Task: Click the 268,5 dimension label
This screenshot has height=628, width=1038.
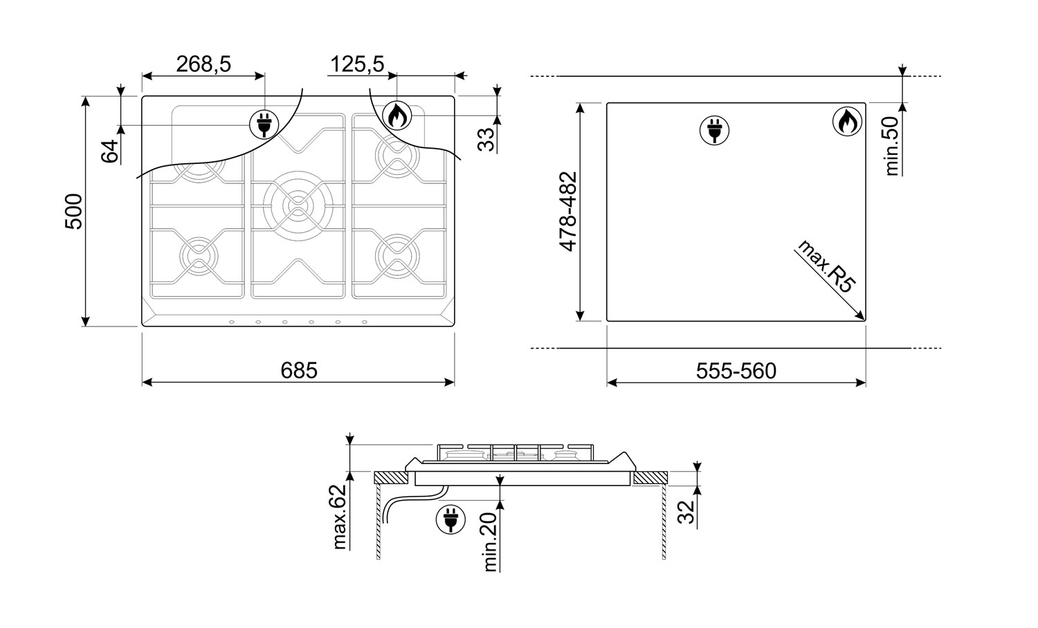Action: coord(203,64)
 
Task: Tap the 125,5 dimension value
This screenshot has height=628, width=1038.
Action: coord(357,64)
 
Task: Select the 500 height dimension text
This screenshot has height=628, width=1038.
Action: coord(73,211)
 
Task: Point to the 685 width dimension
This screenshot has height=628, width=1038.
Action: coord(299,371)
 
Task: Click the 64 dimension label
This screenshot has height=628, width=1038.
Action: coord(110,151)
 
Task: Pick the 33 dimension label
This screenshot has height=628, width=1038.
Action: coord(486,140)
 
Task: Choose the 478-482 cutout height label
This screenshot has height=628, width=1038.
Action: coord(568,212)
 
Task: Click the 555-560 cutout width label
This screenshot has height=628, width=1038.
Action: coord(736,371)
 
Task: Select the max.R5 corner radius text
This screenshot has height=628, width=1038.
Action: coord(826,266)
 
